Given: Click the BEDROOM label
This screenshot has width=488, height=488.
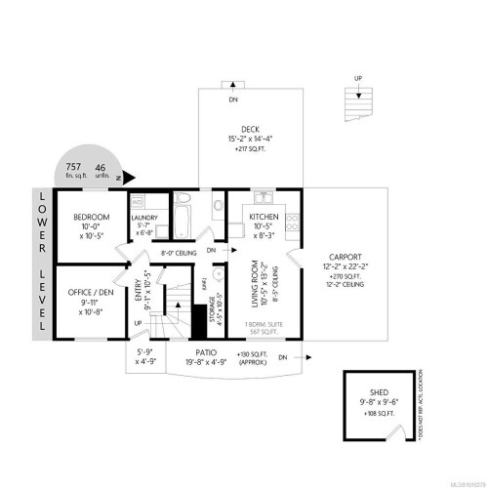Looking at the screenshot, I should coord(90,216).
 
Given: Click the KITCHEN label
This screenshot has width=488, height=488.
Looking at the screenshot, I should coord(264,216).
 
